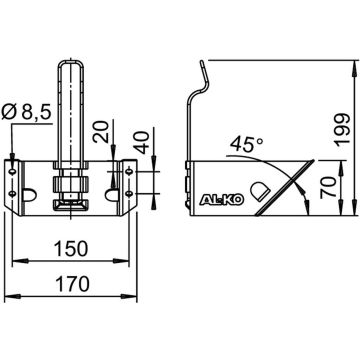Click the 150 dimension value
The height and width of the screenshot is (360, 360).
pyautogui.click(x=71, y=249)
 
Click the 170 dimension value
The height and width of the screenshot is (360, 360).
pyautogui.click(x=72, y=284)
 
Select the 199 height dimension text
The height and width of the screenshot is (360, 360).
pyautogui.click(x=342, y=130)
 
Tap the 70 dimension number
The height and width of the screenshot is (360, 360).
pyautogui.click(x=327, y=188)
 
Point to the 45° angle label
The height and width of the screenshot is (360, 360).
pyautogui.click(x=247, y=144)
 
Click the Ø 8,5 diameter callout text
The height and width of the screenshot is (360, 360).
pyautogui.click(x=26, y=113)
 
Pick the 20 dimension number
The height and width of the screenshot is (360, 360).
pyautogui.click(x=101, y=132)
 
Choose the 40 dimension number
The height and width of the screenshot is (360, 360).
pyautogui.click(x=143, y=142)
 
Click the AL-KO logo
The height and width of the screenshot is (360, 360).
pyautogui.click(x=221, y=199)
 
